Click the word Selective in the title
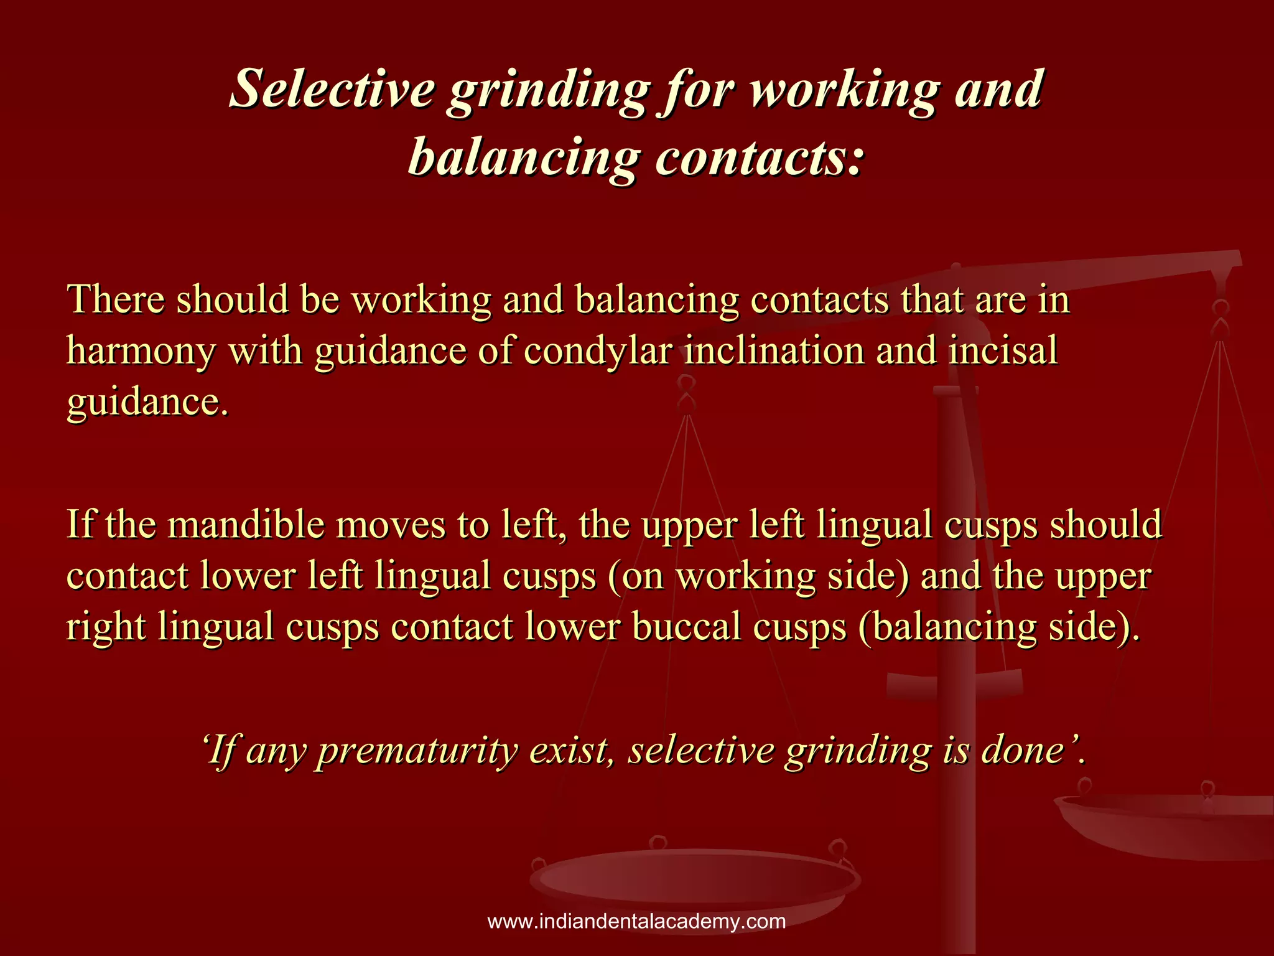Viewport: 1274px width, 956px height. click(x=332, y=89)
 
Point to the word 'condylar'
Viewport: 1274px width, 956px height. click(x=598, y=351)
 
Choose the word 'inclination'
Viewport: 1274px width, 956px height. click(x=774, y=350)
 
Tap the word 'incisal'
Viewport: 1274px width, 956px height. click(x=1002, y=350)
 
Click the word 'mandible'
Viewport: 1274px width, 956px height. click(x=246, y=524)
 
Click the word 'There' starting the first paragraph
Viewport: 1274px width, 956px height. click(x=116, y=299)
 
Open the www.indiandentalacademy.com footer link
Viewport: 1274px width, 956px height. click(x=636, y=922)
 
